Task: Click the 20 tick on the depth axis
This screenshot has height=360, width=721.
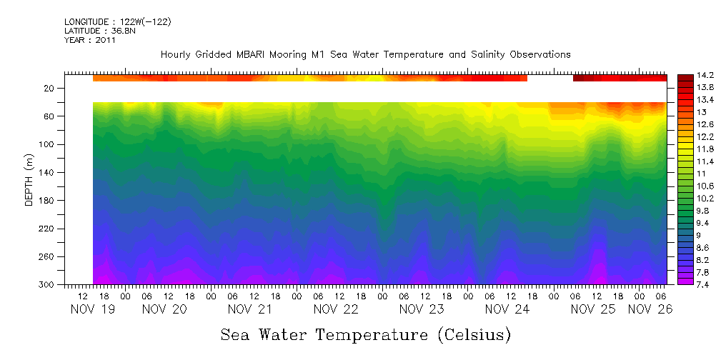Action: click(x=50, y=89)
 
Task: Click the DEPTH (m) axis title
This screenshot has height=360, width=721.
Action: click(x=29, y=183)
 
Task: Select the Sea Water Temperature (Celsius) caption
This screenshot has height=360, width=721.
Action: click(x=366, y=334)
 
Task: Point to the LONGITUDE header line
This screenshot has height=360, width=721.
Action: click(x=118, y=22)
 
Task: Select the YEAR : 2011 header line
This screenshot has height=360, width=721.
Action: click(x=90, y=41)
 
